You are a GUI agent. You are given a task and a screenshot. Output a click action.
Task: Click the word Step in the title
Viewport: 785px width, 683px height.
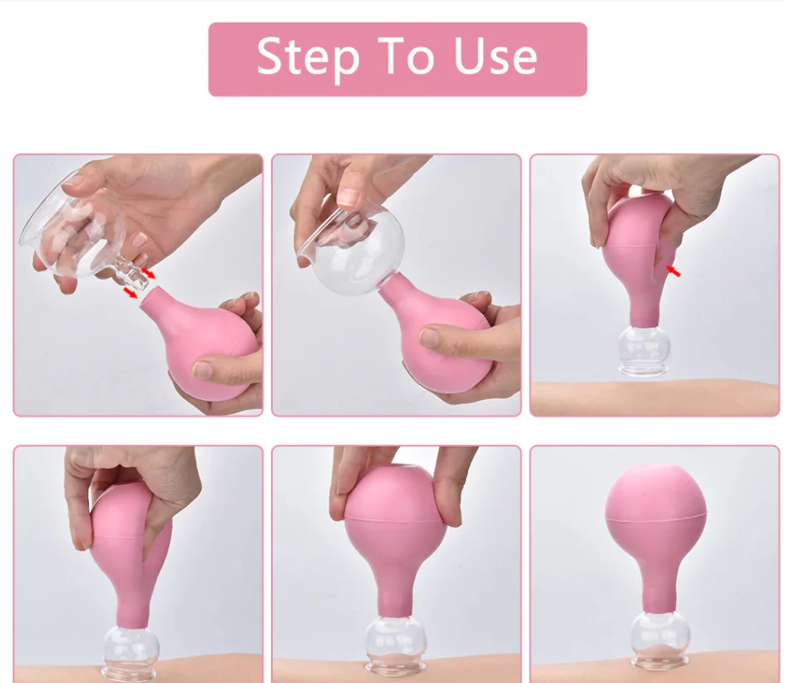click(308, 58)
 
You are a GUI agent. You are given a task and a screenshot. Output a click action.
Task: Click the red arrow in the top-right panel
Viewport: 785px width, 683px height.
click(674, 271)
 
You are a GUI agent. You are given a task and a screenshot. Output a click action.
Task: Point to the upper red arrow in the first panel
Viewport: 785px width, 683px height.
click(148, 274)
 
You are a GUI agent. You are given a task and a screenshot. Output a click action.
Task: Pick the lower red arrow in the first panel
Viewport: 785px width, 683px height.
click(131, 293)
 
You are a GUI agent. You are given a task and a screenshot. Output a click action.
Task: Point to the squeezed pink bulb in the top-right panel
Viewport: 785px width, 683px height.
click(637, 256)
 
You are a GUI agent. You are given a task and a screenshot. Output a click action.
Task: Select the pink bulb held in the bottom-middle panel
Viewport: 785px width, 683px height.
click(396, 531)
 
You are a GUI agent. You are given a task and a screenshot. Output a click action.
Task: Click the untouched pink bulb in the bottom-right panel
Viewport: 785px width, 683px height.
click(656, 536)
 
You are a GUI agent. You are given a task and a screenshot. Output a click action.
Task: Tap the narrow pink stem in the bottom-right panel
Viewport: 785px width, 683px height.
click(656, 591)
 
